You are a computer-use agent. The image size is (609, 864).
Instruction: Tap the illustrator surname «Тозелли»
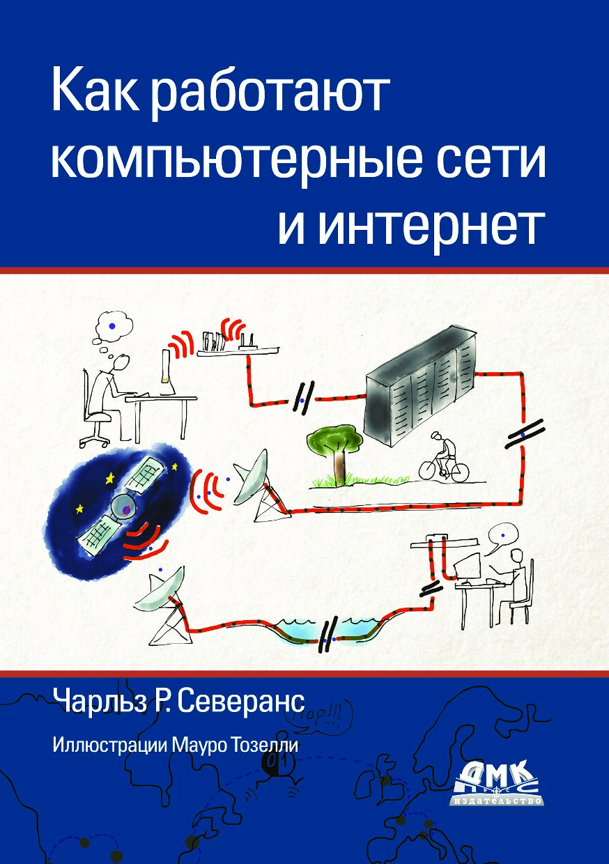point(269,745)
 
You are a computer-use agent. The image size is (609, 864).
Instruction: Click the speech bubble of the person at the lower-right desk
point(501,534)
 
